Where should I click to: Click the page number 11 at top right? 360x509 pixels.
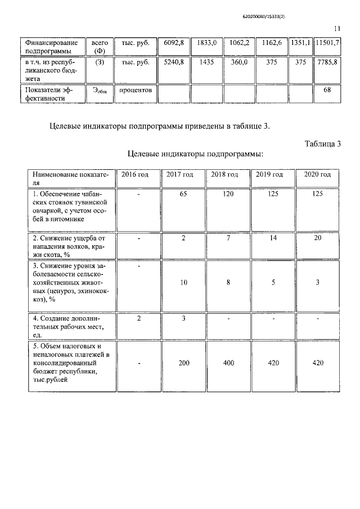click(x=337, y=29)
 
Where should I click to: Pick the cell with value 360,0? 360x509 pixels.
click(x=240, y=62)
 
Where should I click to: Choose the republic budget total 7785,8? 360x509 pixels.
click(x=327, y=62)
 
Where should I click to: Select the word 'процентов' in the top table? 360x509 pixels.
click(x=135, y=90)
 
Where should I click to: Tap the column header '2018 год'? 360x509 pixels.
click(x=225, y=174)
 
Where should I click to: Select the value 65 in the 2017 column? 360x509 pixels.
click(x=183, y=194)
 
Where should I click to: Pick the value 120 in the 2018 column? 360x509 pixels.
click(x=228, y=194)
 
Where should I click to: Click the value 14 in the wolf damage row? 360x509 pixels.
click(x=273, y=238)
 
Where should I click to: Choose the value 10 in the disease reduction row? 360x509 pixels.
click(x=183, y=283)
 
